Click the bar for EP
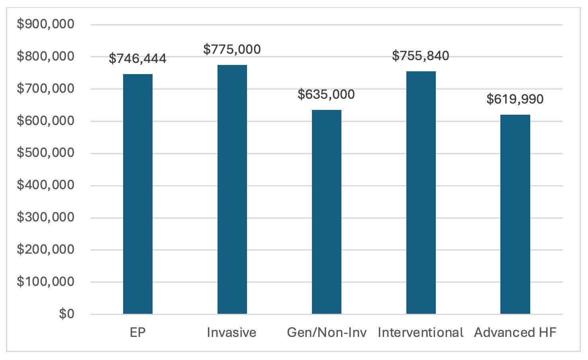[138, 194]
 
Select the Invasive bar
[232, 190]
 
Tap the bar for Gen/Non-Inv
[327, 212]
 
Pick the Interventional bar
[421, 193]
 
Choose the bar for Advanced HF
[515, 214]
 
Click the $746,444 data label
[138, 59]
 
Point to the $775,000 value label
[232, 49]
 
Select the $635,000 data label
[326, 94]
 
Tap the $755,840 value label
[421, 56]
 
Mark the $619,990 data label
[515, 99]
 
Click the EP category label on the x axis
[138, 333]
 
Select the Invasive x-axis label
[232, 333]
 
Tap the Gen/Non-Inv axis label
[327, 333]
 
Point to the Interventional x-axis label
[421, 333]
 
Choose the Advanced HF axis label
[515, 333]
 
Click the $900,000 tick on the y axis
[45, 24]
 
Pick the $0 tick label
[67, 314]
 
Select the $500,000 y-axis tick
[45, 153]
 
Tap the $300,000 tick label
[45, 217]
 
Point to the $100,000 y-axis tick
[45, 282]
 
